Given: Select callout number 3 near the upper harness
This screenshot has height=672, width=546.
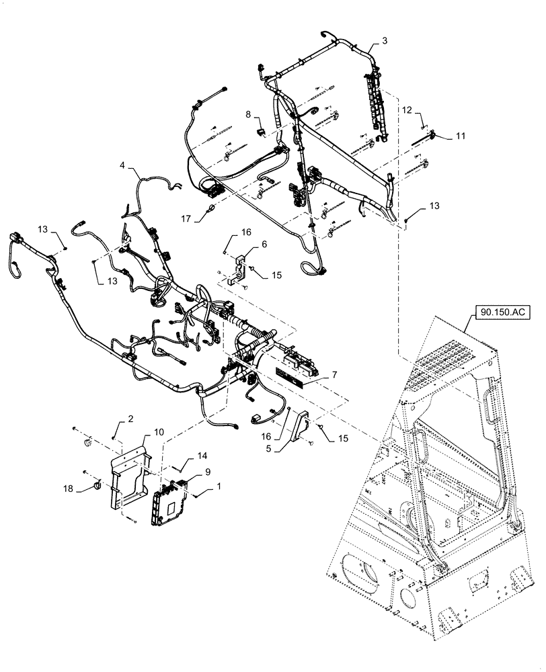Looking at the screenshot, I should click(384, 41).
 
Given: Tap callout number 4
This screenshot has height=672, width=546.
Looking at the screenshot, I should click(122, 165).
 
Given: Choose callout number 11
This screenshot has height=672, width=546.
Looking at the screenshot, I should click(460, 136).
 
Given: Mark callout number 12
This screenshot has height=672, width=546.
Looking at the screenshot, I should click(407, 109).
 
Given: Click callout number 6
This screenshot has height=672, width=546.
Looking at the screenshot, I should click(264, 245).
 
